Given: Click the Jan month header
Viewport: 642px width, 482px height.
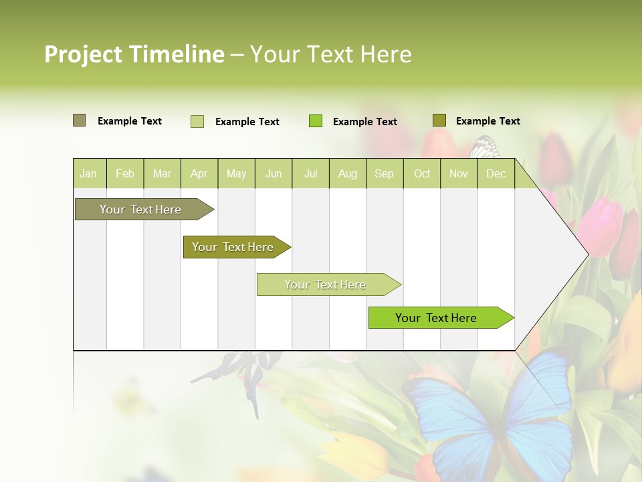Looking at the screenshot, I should tap(89, 174).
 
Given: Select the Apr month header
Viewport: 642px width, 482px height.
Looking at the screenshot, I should tap(199, 174).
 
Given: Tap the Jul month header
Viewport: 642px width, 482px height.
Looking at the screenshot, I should tap(310, 174).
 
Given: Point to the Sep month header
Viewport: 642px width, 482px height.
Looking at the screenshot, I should tap(384, 174).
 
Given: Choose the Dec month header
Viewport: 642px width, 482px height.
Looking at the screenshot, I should tap(496, 174).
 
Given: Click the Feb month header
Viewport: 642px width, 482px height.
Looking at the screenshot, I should tap(125, 174).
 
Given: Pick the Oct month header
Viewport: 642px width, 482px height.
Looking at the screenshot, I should tap(422, 174).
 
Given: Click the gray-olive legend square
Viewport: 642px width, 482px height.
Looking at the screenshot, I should tap(79, 120).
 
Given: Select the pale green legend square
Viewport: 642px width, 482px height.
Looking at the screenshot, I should tap(197, 121).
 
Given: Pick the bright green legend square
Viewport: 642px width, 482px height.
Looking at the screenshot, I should tap(316, 121).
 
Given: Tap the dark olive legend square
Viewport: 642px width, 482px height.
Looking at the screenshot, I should tap(439, 120).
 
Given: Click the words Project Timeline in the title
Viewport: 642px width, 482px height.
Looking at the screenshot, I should tap(134, 54).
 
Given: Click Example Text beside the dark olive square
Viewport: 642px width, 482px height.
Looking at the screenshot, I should tap(488, 121).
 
